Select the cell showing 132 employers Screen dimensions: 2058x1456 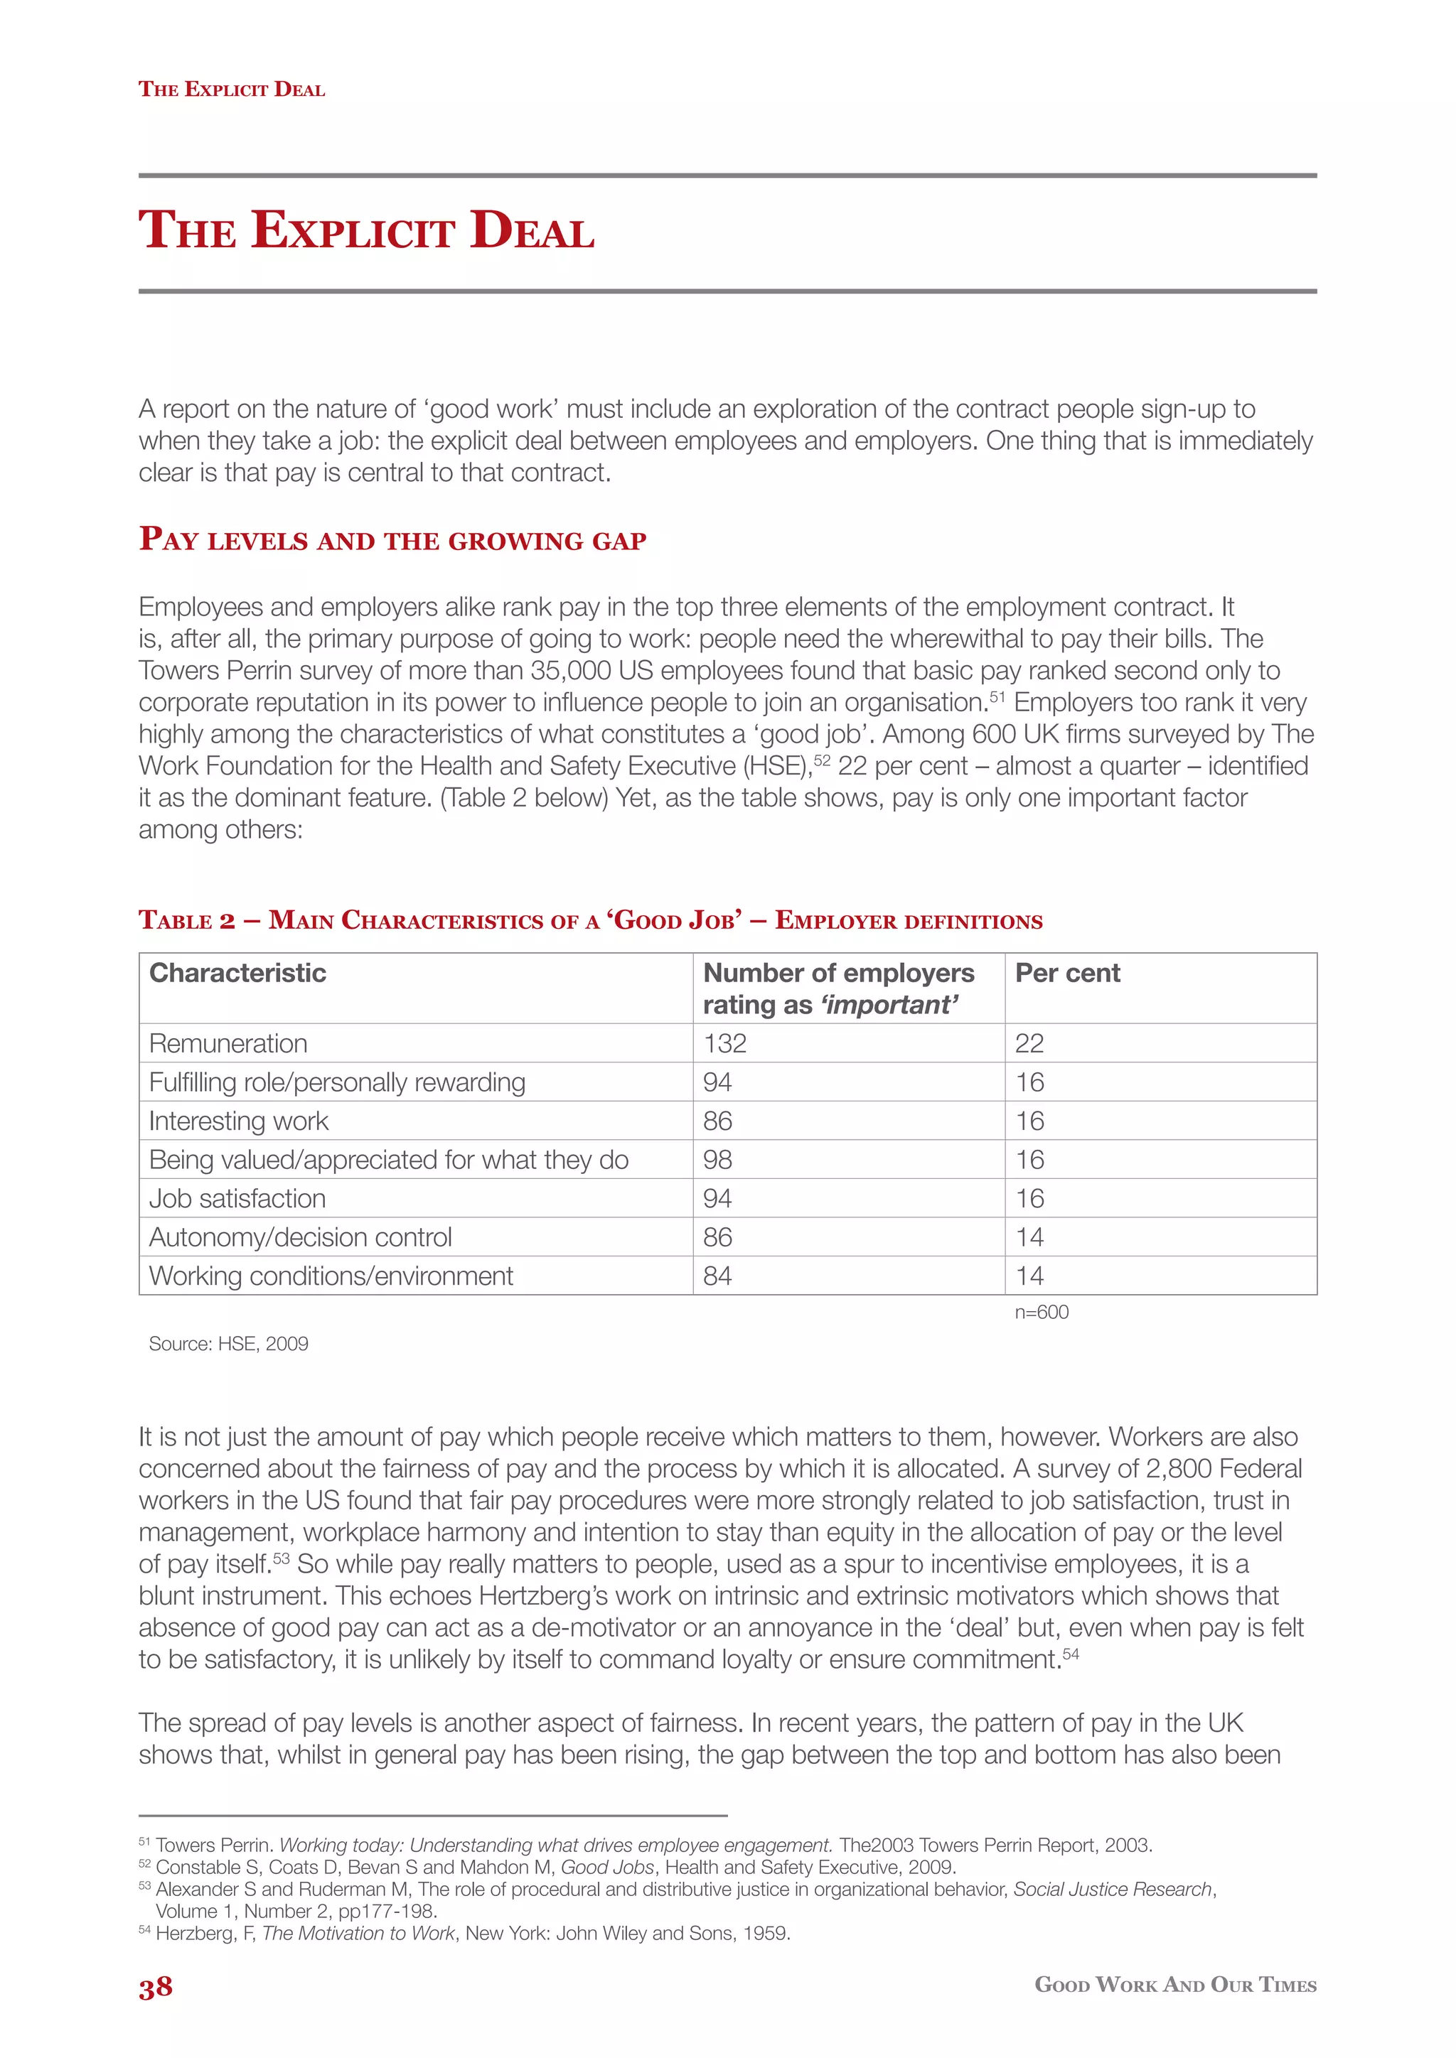click(724, 1043)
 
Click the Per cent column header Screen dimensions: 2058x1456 click(1067, 974)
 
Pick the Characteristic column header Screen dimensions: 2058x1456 click(237, 974)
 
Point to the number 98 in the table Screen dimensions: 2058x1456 click(717, 1160)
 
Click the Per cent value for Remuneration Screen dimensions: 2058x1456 click(1029, 1043)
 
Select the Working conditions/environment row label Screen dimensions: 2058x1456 click(331, 1276)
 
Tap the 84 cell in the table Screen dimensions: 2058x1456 click(717, 1276)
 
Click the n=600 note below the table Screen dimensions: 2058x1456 click(1041, 1313)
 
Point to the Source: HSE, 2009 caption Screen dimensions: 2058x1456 click(229, 1344)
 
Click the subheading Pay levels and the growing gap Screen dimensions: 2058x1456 click(392, 539)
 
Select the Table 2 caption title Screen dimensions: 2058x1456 click(590, 920)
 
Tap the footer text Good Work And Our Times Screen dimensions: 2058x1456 click(1174, 1986)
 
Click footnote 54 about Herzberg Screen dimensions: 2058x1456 click(466, 1934)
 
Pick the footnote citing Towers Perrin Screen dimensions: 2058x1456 click(646, 1846)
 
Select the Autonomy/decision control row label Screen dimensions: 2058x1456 click(300, 1238)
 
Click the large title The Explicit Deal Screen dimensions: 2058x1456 click(366, 230)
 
